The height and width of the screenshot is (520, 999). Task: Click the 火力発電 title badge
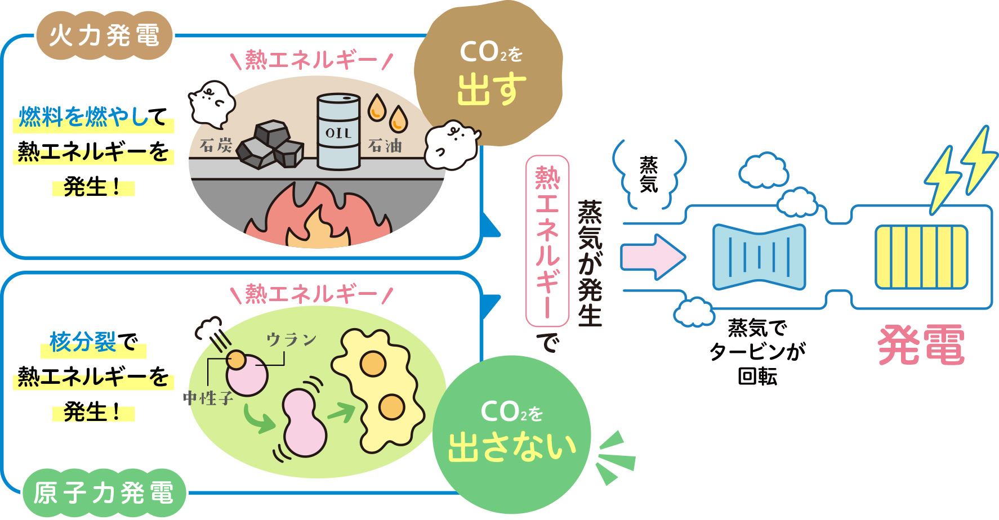click(x=104, y=36)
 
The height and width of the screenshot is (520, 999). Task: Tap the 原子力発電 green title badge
click(x=104, y=493)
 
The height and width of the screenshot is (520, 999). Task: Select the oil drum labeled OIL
click(x=338, y=132)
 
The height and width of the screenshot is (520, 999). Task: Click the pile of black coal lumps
click(x=271, y=146)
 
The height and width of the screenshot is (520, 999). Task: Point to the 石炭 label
click(x=216, y=145)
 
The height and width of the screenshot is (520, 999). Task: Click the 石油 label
click(x=385, y=146)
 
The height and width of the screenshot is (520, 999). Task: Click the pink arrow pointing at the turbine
click(x=652, y=257)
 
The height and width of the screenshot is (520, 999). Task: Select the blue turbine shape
click(x=759, y=257)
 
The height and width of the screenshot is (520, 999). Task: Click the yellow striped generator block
click(x=921, y=257)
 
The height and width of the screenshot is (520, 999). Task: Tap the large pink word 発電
click(x=921, y=345)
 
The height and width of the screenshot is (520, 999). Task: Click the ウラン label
click(x=291, y=339)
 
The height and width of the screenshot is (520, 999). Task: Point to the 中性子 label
click(x=208, y=398)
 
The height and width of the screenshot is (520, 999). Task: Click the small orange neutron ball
click(x=236, y=359)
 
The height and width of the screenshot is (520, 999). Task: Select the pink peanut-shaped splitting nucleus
click(x=304, y=422)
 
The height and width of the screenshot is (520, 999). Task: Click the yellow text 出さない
click(x=512, y=447)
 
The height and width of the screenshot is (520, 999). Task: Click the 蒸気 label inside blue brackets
click(x=648, y=174)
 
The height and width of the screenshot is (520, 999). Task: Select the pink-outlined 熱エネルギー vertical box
click(x=547, y=241)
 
